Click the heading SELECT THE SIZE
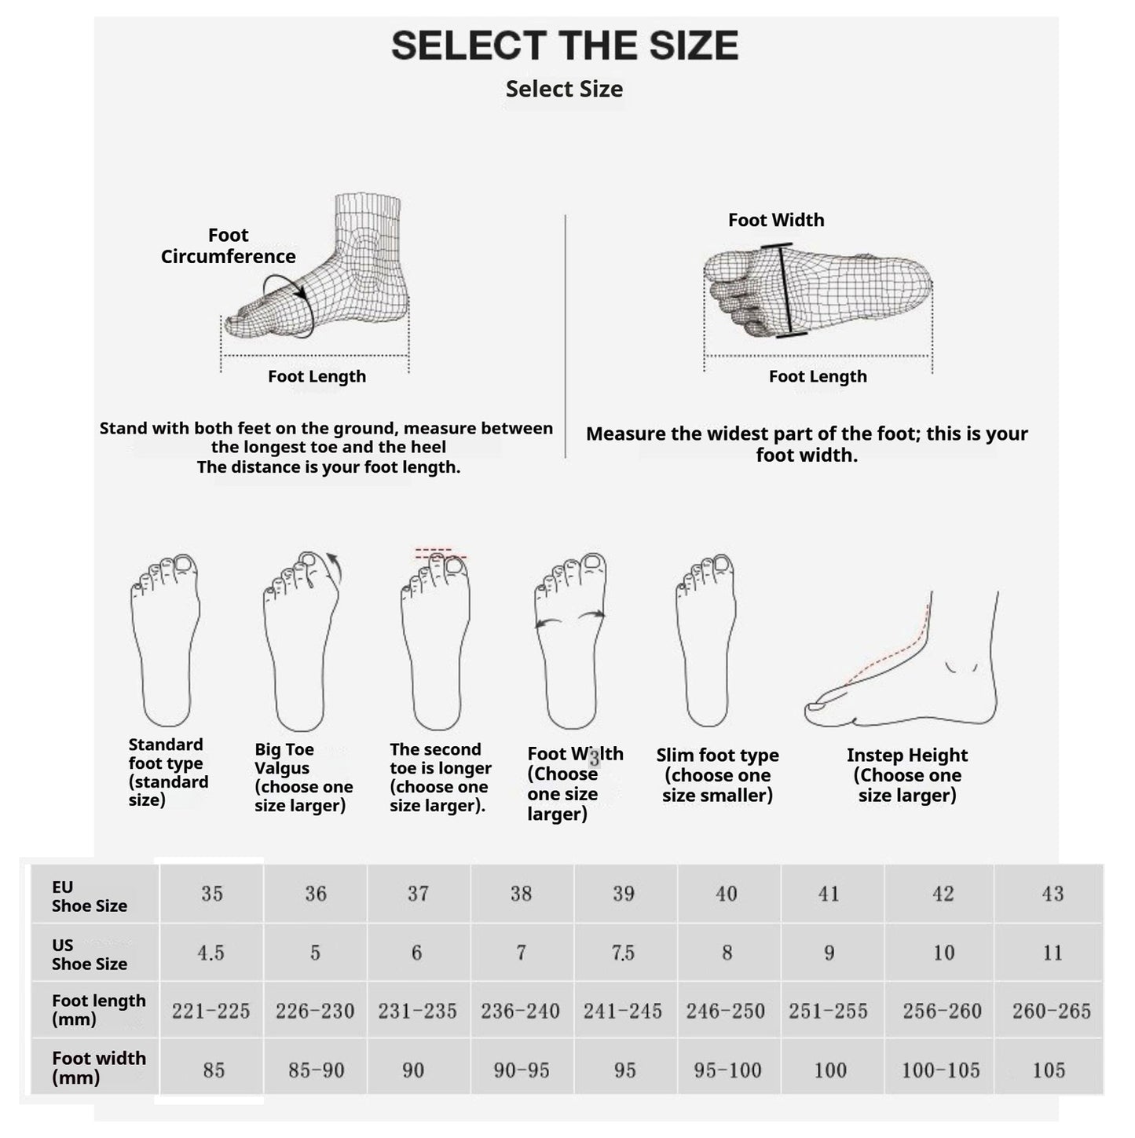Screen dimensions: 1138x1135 565,46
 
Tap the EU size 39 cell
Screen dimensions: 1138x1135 624,894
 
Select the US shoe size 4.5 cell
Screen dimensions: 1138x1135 211,953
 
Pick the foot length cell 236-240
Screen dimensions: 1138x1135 520,1011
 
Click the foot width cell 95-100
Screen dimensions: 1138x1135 727,1070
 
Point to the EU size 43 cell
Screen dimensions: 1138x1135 1052,894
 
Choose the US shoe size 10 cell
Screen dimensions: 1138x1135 943,953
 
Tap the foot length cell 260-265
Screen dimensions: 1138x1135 1051,1011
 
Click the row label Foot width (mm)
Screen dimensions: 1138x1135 98,1067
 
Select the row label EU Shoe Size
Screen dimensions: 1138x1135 89,896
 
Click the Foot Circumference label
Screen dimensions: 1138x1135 228,246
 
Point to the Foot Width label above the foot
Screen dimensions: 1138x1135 776,220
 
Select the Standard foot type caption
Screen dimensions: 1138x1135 167,772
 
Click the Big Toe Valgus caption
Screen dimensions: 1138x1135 302,778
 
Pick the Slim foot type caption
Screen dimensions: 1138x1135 717,775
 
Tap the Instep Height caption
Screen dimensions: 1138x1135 907,775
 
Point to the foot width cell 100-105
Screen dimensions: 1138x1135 940,1070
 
